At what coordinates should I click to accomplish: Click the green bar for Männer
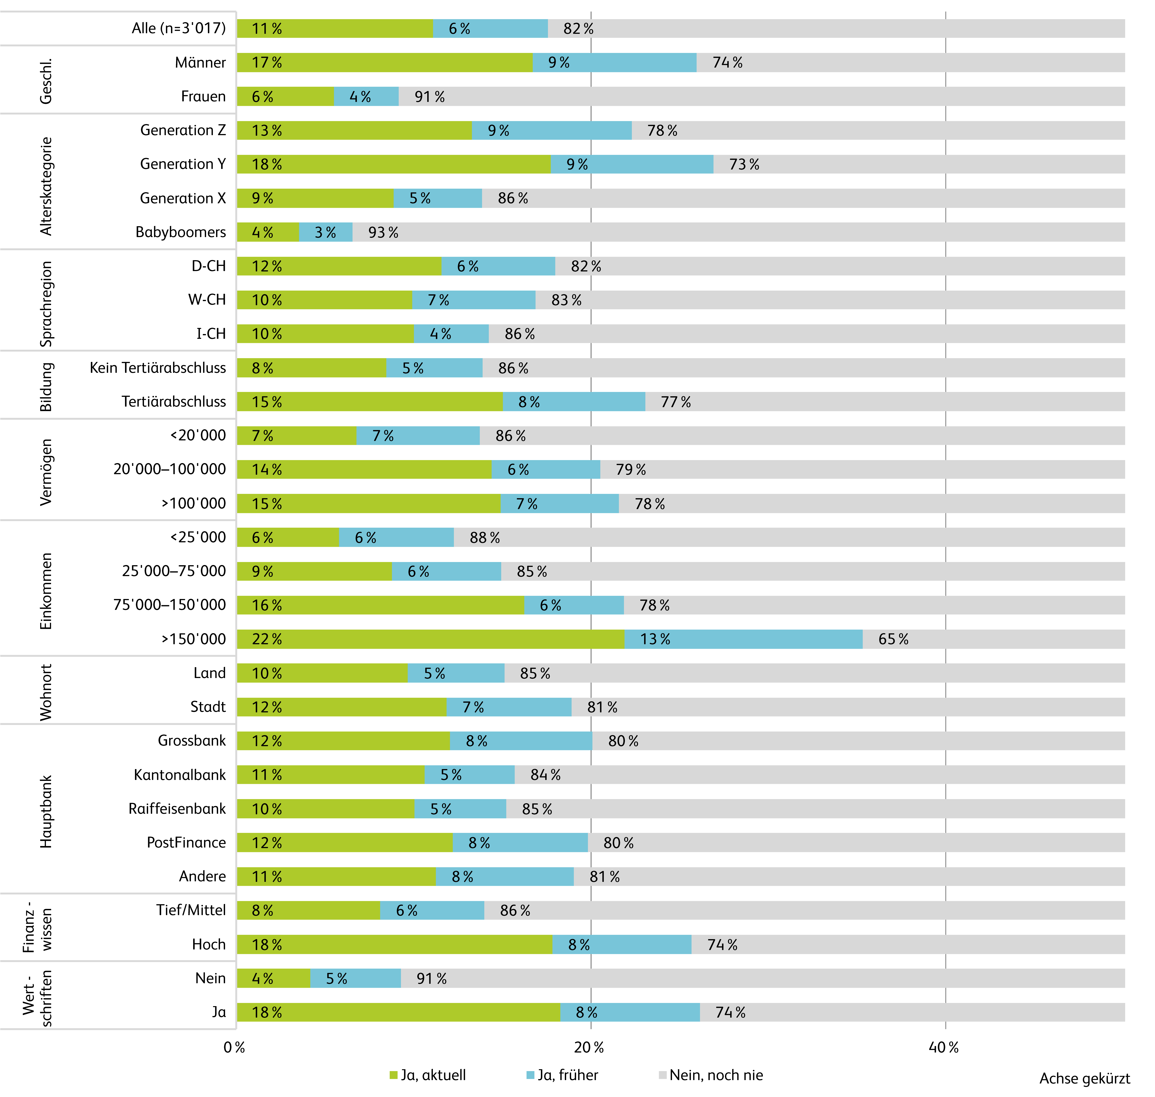385,63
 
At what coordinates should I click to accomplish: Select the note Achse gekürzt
1084,1078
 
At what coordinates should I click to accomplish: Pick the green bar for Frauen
285,96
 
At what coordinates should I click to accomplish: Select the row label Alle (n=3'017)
178,28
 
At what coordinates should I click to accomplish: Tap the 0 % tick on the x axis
234,1047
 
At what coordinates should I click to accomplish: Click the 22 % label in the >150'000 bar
267,639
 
